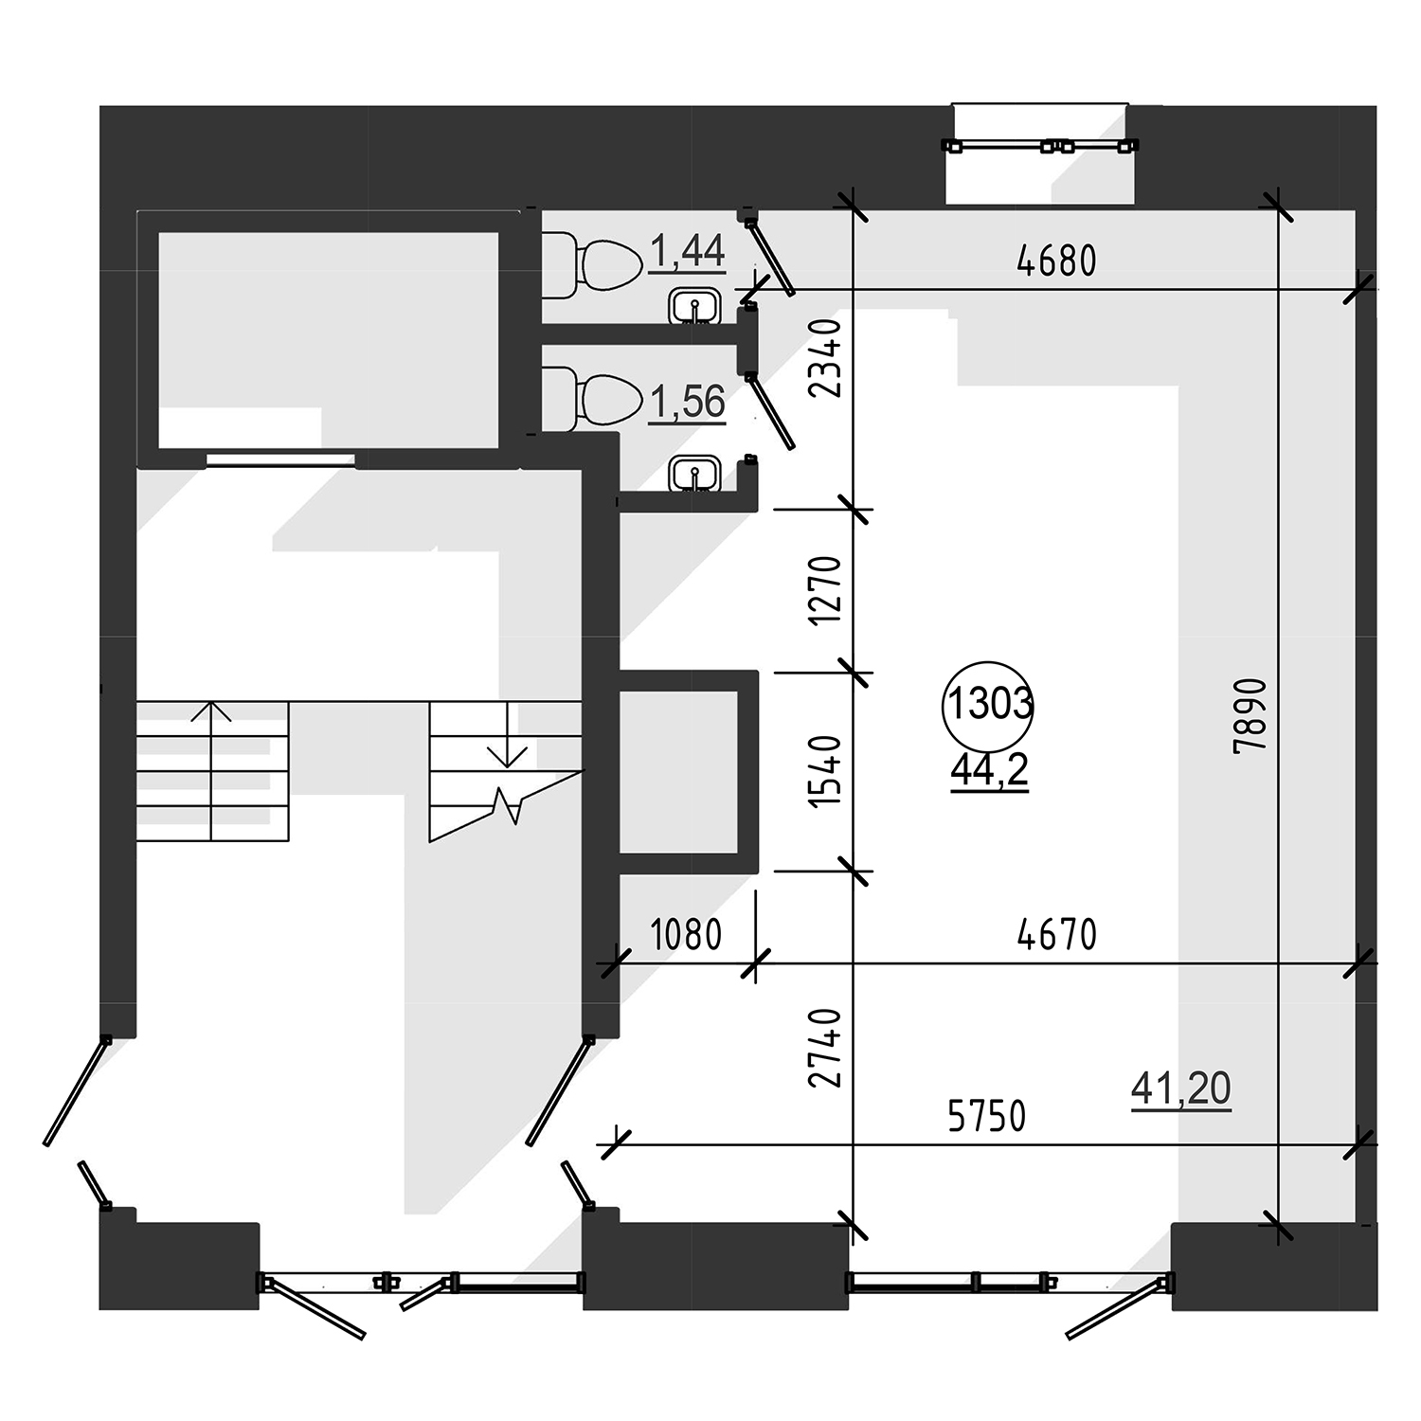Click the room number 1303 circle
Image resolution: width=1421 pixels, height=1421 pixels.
point(988,662)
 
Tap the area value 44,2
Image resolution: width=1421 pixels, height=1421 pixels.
point(989,772)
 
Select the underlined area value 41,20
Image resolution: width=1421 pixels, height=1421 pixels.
point(1181,1088)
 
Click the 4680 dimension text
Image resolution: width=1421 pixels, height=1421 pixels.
point(1056,260)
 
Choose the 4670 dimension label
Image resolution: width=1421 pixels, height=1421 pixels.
point(1056,934)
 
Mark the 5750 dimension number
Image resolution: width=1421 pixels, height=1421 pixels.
point(986,1116)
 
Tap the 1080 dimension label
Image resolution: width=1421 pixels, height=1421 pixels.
point(687,934)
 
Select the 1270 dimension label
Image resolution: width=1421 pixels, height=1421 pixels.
point(825,589)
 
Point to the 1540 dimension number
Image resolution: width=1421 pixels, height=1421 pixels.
point(825,770)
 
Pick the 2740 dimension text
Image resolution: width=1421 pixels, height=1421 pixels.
point(825,1049)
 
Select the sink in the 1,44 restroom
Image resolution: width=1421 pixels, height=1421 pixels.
point(697,307)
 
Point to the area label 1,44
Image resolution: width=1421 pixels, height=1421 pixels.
point(688,252)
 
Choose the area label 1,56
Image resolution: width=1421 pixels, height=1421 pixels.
point(688,402)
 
